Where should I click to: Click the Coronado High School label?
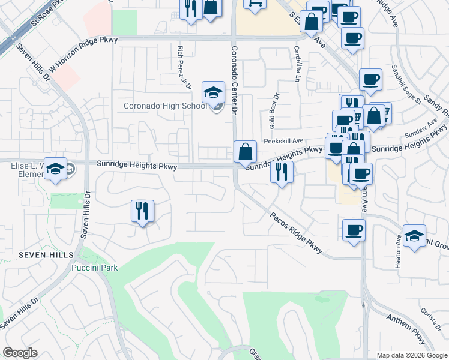(x=165, y=106)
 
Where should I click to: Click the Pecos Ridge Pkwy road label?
(x=296, y=233)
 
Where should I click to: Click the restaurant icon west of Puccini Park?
(x=142, y=211)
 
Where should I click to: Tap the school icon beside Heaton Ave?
(x=414, y=235)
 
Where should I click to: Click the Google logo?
(x=20, y=353)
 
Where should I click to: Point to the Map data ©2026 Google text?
(x=411, y=355)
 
